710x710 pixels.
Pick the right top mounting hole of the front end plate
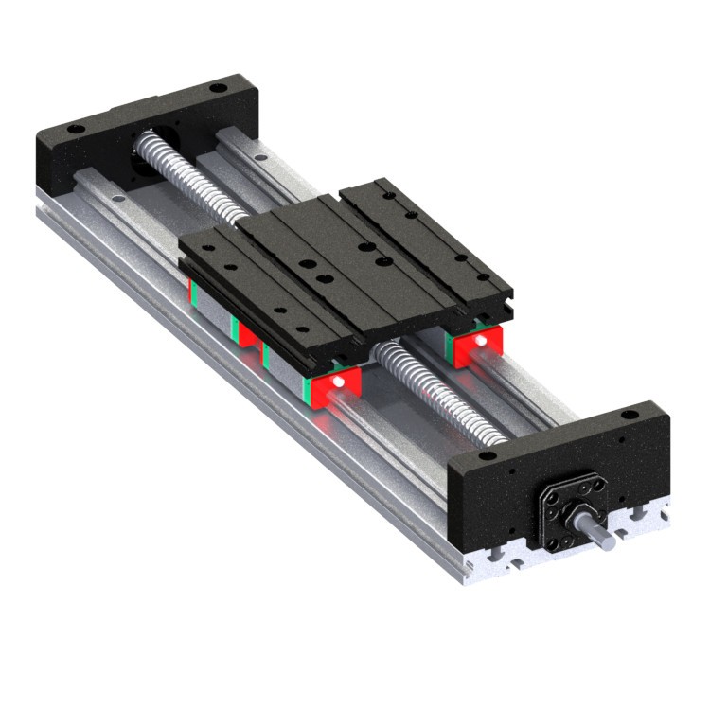[630, 415]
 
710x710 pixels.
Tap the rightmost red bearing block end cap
[478, 348]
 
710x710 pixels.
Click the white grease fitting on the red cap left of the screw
[337, 382]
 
